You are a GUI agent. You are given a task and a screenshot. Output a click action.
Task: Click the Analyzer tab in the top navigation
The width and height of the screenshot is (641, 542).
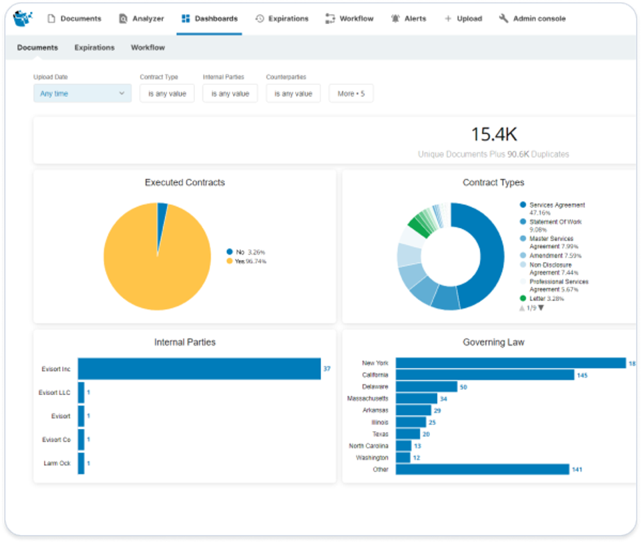point(141,19)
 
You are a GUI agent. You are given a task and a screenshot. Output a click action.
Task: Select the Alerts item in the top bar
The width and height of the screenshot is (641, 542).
point(408,19)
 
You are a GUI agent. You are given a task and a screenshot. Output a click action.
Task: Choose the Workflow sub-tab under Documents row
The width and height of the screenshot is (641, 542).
point(148,47)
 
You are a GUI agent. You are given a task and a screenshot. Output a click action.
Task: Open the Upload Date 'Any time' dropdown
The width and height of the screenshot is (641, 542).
point(82,94)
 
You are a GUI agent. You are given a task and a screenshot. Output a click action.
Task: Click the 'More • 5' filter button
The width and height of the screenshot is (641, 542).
point(351,94)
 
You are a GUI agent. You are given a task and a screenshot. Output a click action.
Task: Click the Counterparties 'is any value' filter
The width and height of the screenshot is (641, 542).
point(293,94)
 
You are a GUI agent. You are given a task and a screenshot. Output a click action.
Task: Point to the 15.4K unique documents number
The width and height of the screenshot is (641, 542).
point(493,134)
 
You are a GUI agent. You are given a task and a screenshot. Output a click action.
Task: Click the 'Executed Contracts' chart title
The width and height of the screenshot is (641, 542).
point(184,182)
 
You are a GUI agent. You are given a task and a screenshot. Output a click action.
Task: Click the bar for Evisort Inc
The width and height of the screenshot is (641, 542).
point(199,369)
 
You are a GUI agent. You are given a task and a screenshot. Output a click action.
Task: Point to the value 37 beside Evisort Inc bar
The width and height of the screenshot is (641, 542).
point(327,369)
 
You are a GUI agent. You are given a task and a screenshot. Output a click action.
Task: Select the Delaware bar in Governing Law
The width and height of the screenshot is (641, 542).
point(426,387)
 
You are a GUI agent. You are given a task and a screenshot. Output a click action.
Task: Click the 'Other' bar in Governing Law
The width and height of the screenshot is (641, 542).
point(482,470)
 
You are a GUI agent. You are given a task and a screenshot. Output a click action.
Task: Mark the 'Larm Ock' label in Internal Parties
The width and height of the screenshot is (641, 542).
point(56,463)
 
